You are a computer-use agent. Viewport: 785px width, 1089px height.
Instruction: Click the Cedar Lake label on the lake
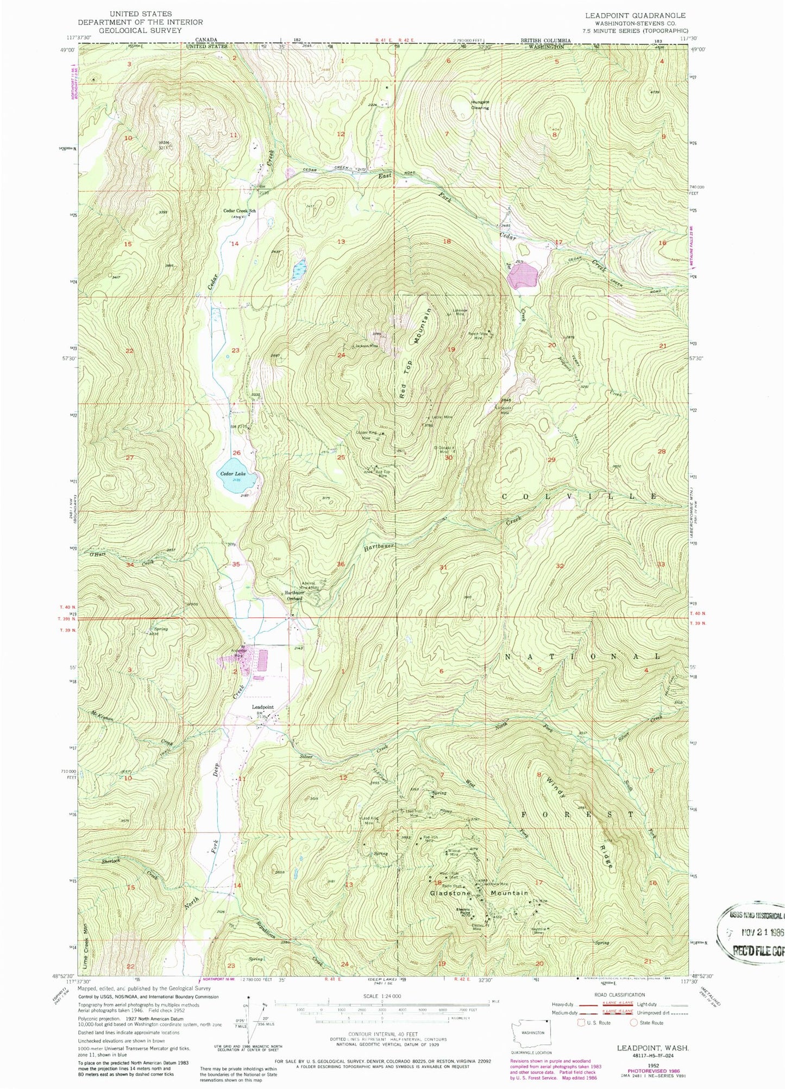232,473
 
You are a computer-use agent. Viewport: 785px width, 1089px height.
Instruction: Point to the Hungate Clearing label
480,105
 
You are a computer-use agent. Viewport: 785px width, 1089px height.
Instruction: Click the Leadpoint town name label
262,707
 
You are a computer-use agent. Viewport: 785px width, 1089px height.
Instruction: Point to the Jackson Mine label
367,346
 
